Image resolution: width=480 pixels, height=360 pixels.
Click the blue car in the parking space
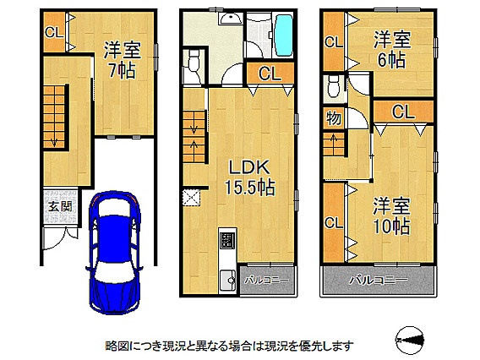(113, 253)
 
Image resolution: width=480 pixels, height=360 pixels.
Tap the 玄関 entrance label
(60, 207)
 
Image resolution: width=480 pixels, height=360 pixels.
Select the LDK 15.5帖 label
(250, 177)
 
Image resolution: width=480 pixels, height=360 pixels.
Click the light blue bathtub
(284, 35)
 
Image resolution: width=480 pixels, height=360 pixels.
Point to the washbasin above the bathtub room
(231, 19)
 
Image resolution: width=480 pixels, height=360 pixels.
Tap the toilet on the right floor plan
(333, 86)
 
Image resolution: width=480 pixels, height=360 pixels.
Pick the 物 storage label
(333, 117)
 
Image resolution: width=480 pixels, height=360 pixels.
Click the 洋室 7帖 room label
(123, 60)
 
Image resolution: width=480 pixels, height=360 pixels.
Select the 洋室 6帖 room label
(392, 50)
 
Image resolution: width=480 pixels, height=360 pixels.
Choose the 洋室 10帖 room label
(391, 216)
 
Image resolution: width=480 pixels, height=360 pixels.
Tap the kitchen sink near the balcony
(228, 280)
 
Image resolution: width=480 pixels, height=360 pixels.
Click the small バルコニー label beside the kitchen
(266, 280)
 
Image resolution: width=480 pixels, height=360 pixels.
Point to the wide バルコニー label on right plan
(379, 280)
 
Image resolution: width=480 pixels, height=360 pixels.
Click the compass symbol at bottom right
(410, 340)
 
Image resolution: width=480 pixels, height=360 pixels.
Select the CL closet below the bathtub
(270, 74)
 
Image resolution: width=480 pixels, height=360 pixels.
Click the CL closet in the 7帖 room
(54, 32)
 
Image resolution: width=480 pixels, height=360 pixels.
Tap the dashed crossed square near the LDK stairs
(191, 198)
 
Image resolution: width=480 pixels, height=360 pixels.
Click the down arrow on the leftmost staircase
(54, 140)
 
